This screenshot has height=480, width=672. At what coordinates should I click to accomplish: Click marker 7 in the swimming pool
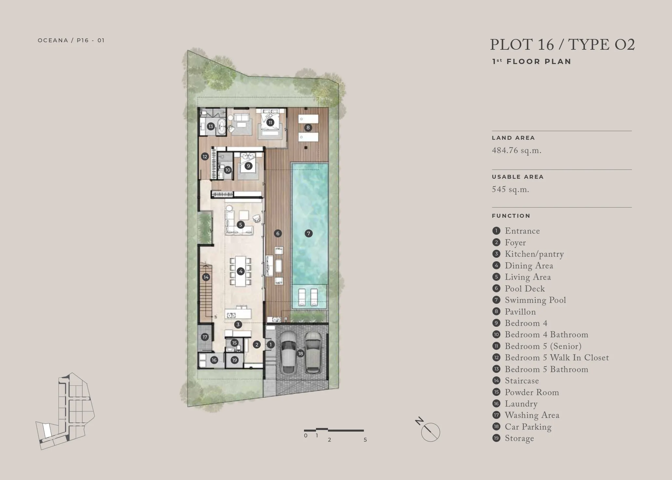click(309, 233)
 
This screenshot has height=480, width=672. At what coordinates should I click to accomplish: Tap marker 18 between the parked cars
click(300, 354)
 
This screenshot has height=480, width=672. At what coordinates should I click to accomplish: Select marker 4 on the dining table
click(241, 271)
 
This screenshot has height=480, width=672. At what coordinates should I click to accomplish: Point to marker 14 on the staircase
click(206, 277)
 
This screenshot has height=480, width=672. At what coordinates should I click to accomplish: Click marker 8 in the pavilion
click(308, 127)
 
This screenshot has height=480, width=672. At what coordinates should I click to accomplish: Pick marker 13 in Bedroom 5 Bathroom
click(211, 126)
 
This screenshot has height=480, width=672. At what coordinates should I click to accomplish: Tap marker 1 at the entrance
click(270, 344)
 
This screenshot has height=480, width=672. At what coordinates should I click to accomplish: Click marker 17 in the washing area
click(205, 337)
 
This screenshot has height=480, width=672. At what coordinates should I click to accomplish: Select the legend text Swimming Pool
click(535, 300)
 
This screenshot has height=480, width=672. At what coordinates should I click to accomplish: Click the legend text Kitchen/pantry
click(534, 254)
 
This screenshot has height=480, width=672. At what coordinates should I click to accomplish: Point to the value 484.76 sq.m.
click(517, 151)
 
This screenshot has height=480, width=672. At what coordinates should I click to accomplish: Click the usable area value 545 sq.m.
click(510, 189)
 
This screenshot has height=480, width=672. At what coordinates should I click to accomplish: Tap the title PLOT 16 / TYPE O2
click(562, 45)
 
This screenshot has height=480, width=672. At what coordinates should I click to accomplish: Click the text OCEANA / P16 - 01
click(71, 40)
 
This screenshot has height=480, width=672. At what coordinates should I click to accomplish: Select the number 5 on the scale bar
click(365, 440)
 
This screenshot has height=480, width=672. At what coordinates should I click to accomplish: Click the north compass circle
click(430, 432)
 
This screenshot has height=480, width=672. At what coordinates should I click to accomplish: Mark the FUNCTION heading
click(511, 216)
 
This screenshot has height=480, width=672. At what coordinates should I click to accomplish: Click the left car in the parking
click(288, 353)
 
